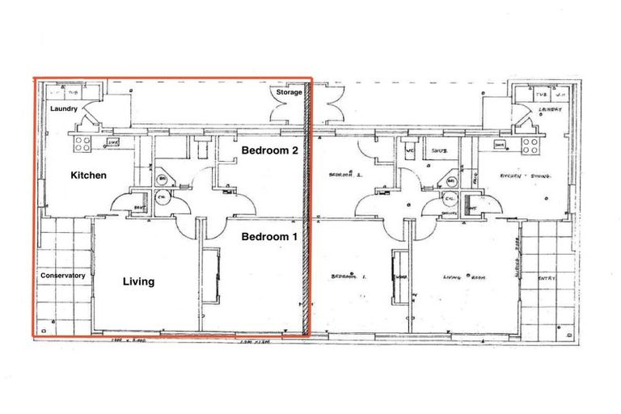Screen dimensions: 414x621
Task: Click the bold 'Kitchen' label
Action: coord(89,175)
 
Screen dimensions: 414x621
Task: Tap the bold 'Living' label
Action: coord(138,282)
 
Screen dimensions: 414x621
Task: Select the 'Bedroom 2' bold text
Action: coord(271,150)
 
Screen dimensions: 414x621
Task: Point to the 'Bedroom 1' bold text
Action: coord(271,237)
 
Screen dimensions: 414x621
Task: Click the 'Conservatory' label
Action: coord(63,276)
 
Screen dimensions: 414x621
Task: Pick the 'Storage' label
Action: coord(289,93)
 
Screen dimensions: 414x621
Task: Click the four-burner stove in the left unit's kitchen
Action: coord(83,144)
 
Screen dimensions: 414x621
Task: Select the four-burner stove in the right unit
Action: coord(530,146)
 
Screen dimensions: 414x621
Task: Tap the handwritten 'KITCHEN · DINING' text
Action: coord(524,175)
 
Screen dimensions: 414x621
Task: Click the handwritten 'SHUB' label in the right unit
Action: coord(440,150)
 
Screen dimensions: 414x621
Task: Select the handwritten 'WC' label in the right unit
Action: coord(410,150)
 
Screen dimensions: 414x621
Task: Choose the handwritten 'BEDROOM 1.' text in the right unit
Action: coord(349,277)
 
